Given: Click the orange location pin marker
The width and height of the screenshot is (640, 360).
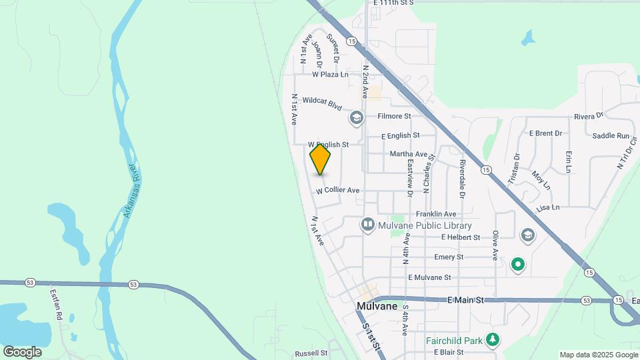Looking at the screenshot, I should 321,159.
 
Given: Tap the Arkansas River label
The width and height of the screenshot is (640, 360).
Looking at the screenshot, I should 130,191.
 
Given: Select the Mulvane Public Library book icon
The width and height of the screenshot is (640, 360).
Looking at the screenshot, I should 367,225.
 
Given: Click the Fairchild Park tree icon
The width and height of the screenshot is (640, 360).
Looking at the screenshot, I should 493,340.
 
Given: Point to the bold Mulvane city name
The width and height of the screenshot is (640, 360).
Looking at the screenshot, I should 377,307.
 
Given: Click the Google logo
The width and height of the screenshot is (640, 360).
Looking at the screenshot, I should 22,351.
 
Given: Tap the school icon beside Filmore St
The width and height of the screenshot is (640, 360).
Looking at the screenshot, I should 356,118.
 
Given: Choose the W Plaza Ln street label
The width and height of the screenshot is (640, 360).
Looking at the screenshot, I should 330,75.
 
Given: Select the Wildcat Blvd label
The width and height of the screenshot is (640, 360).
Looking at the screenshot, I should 322,104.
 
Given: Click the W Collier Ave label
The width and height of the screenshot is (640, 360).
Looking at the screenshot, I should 338,191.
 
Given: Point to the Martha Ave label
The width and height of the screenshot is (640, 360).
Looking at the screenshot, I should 409,154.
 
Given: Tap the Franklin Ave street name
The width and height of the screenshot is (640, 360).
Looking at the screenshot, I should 436,214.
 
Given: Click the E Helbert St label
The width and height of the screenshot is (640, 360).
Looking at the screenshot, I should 461,237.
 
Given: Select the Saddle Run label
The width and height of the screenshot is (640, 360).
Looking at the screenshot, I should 611,136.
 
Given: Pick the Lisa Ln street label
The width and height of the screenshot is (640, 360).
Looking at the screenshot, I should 547,208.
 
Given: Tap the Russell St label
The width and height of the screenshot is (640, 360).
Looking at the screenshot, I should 311,353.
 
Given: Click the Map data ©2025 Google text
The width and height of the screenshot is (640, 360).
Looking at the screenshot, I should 598,355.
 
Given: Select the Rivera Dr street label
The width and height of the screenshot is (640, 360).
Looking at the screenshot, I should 589,116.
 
